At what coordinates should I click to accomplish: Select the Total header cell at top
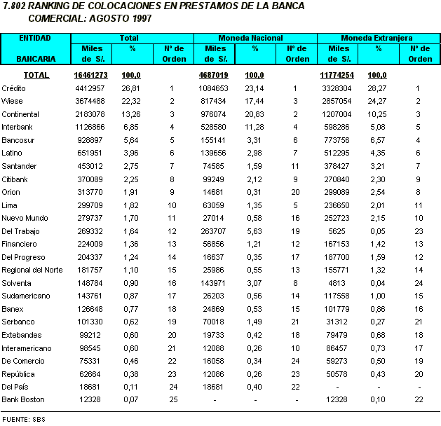(x=130, y=37)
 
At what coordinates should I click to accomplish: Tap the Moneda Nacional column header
(x=250, y=37)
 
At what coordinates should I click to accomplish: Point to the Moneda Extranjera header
(x=376, y=37)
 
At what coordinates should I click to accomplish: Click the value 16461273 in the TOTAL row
(x=90, y=75)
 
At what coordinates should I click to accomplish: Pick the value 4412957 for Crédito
(x=90, y=88)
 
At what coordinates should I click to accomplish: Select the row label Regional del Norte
(x=32, y=270)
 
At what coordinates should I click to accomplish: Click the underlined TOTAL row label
(x=36, y=75)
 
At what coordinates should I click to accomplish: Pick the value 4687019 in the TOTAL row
(x=214, y=75)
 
